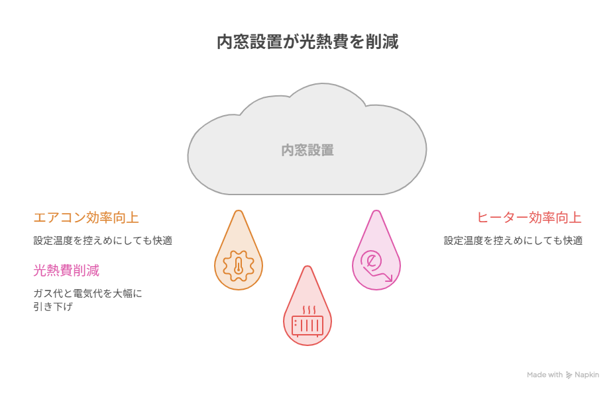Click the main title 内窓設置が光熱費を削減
tap(307, 42)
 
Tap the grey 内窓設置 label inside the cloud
tap(307, 150)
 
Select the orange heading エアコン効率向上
tap(86, 217)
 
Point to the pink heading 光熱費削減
tap(66, 271)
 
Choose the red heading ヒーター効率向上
tap(529, 217)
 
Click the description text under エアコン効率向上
tap(103, 240)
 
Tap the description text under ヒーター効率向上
tap(513, 240)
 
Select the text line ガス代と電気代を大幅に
tap(88, 293)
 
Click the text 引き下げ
tap(53, 306)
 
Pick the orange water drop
tap(239, 255)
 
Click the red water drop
tap(307, 309)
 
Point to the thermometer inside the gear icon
tap(239, 266)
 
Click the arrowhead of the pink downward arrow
tap(389, 278)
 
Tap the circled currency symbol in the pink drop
tap(371, 259)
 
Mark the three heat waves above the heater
tap(308, 310)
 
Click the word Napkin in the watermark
tap(587, 374)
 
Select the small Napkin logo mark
tap(569, 375)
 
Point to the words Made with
tap(544, 374)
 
